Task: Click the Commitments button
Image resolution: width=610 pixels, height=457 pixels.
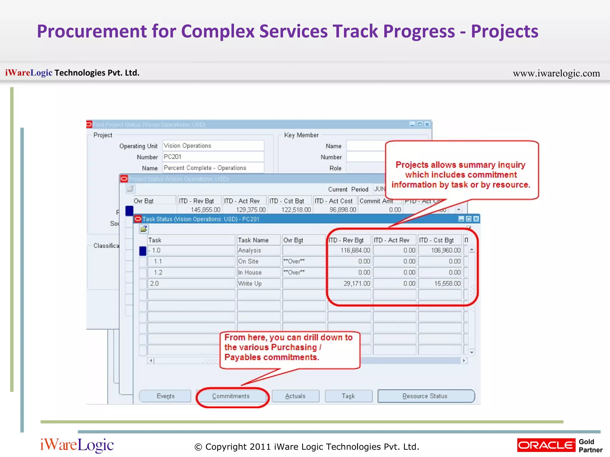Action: (231, 396)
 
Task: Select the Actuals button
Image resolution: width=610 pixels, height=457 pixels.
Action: (295, 396)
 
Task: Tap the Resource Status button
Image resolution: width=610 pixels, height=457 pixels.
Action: (426, 396)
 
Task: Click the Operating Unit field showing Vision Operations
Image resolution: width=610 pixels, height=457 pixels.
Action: (213, 146)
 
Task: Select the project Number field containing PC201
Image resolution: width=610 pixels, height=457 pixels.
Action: (213, 157)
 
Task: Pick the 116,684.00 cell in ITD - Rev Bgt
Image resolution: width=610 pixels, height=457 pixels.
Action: (350, 251)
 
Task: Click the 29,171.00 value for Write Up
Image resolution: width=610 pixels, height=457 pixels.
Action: (350, 284)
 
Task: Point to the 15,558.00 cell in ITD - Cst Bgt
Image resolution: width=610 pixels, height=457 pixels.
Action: (440, 284)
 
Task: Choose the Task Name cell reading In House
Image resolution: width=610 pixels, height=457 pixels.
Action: (258, 273)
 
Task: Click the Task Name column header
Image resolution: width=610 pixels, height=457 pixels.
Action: (258, 240)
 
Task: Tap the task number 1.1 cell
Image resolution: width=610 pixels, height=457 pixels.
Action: (191, 262)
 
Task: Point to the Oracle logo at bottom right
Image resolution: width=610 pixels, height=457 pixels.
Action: (546, 445)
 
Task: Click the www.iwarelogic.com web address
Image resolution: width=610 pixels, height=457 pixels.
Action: (556, 73)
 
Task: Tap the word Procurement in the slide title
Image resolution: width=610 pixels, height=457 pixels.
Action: (92, 31)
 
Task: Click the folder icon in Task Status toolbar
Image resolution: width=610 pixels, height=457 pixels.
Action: (144, 229)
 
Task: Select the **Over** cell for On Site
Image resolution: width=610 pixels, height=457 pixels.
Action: (304, 262)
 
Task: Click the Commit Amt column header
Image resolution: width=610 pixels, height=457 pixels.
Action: (376, 201)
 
